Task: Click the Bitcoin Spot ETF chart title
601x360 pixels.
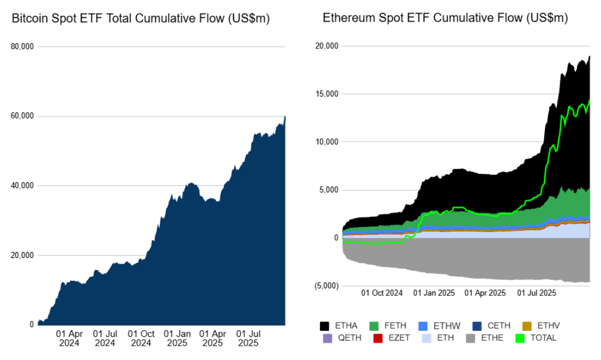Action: tap(140, 19)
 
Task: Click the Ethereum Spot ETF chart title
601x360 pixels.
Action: tap(445, 18)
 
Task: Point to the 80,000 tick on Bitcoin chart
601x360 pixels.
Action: tap(23, 47)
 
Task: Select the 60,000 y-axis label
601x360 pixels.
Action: tap(23, 116)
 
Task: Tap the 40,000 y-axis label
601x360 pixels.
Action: tap(23, 186)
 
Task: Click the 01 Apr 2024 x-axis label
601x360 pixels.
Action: tap(69, 338)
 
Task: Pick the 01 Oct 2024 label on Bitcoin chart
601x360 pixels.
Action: tap(141, 338)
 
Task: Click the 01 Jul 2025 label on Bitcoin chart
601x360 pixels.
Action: tap(248, 338)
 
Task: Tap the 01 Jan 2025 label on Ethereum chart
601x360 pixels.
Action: tap(434, 293)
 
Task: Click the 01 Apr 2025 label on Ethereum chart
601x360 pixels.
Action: tap(485, 293)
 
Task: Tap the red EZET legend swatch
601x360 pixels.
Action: tap(378, 337)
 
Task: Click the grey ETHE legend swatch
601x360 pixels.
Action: tap(472, 337)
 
